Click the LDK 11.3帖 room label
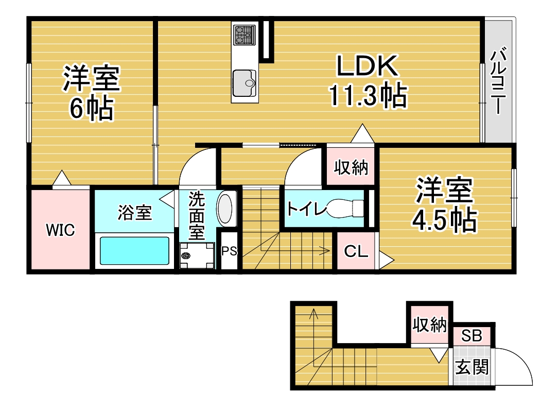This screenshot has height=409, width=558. (368, 81)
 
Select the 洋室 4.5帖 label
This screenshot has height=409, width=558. (444, 204)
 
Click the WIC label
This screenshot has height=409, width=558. (61, 230)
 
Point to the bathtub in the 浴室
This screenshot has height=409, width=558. (134, 251)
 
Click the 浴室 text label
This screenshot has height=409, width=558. (135, 213)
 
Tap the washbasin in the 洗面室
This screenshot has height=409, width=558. (225, 209)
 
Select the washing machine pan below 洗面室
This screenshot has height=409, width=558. (197, 255)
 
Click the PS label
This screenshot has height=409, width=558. (229, 251)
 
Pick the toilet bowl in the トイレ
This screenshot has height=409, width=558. (344, 208)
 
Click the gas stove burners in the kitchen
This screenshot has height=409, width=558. (245, 35)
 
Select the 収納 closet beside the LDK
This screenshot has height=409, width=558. (351, 166)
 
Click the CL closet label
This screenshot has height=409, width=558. (356, 252)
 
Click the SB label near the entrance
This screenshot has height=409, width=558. (472, 336)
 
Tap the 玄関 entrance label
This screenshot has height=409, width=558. (472, 367)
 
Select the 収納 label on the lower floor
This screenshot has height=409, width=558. (429, 325)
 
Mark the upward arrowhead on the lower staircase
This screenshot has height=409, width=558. (313, 313)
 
